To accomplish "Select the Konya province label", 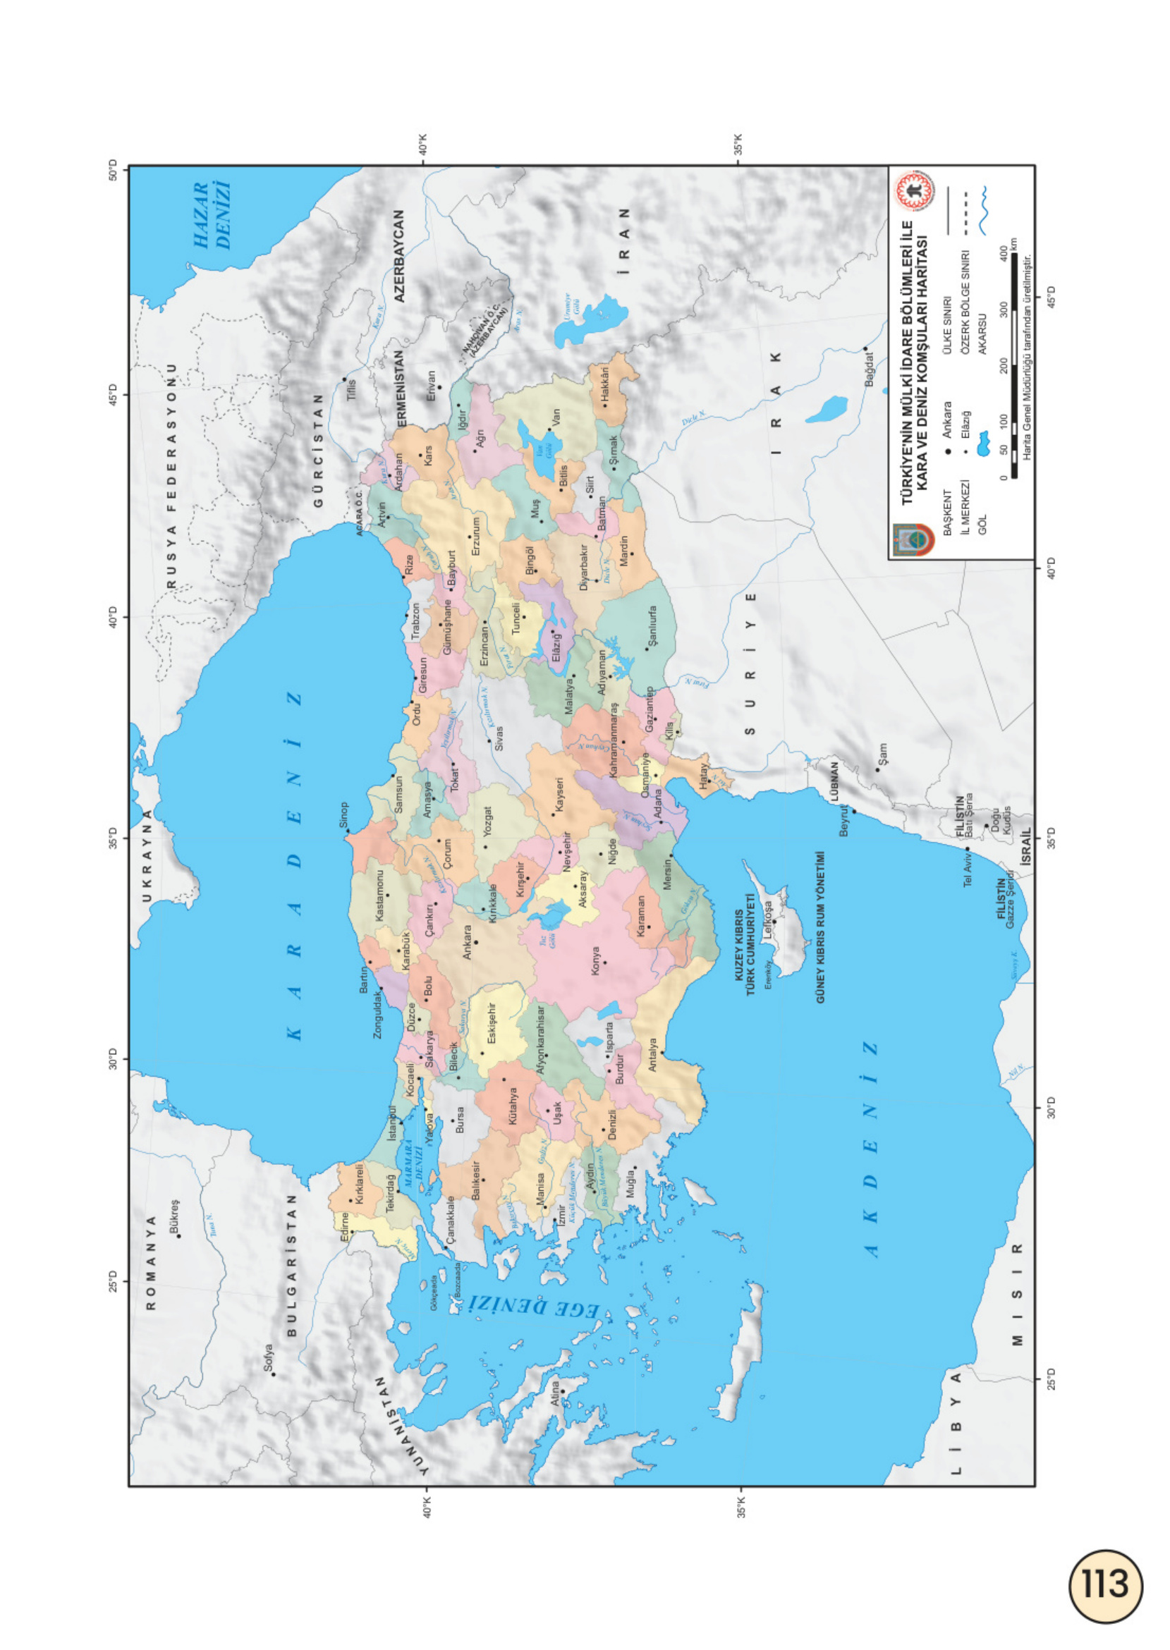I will [x=596, y=962].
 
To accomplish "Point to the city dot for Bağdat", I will [x=865, y=349].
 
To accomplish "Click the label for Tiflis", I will [x=352, y=390].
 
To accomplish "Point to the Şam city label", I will [x=883, y=755].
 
